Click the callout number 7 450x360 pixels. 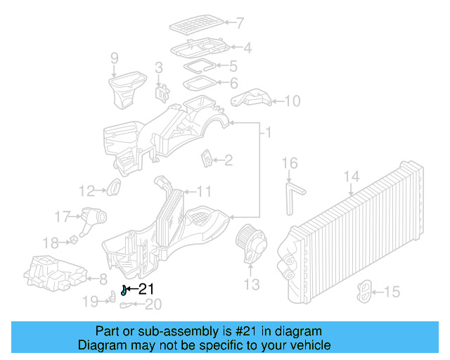coord(240,22)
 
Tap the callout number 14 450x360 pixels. coord(352,176)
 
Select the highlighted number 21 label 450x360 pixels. coord(146,288)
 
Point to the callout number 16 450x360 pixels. coord(290,163)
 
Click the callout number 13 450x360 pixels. coord(252,284)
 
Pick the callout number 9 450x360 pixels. coord(115,58)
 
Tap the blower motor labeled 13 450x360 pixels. coord(252,242)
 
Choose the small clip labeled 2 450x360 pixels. coord(207,160)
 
